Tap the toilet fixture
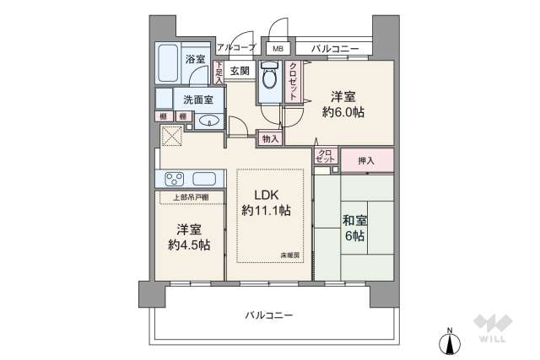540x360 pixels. pyautogui.click(x=269, y=78)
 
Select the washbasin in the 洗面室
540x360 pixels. pyautogui.click(x=211, y=121)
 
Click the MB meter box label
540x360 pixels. pyautogui.click(x=277, y=48)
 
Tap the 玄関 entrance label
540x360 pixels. pyautogui.click(x=239, y=71)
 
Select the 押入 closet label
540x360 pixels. pyautogui.click(x=367, y=159)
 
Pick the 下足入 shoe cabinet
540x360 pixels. pyautogui.click(x=219, y=71)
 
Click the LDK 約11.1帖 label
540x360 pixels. pyautogui.click(x=267, y=202)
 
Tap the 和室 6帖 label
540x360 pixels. pyautogui.click(x=354, y=228)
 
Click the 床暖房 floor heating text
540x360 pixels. pyautogui.click(x=290, y=255)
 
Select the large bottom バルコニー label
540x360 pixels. pyautogui.click(x=269, y=314)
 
